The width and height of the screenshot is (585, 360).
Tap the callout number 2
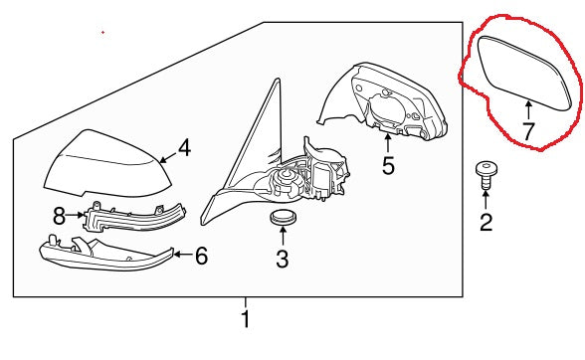point(487,222)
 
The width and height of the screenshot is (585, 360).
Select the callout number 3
point(283,259)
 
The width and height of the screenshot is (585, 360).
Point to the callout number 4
point(184,147)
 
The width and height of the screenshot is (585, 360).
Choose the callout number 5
point(388,165)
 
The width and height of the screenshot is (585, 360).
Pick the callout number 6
point(201,256)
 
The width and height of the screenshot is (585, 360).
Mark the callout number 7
point(528,131)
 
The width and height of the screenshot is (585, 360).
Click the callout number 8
point(60,216)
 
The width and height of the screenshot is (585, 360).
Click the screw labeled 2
point(487,175)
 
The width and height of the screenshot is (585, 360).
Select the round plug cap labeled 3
point(283,218)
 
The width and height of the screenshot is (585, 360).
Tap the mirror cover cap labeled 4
point(107,163)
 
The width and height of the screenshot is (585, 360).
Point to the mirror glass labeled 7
point(524,74)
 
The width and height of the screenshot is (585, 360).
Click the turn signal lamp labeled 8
point(134,217)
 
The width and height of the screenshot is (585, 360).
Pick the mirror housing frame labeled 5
point(382,101)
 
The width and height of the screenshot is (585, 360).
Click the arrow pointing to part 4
point(169,157)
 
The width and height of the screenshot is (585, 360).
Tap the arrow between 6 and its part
point(183,255)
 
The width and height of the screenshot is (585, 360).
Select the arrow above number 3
point(283,236)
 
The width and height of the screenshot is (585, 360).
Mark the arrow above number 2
point(487,199)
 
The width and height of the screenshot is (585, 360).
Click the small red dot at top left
point(103,33)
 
